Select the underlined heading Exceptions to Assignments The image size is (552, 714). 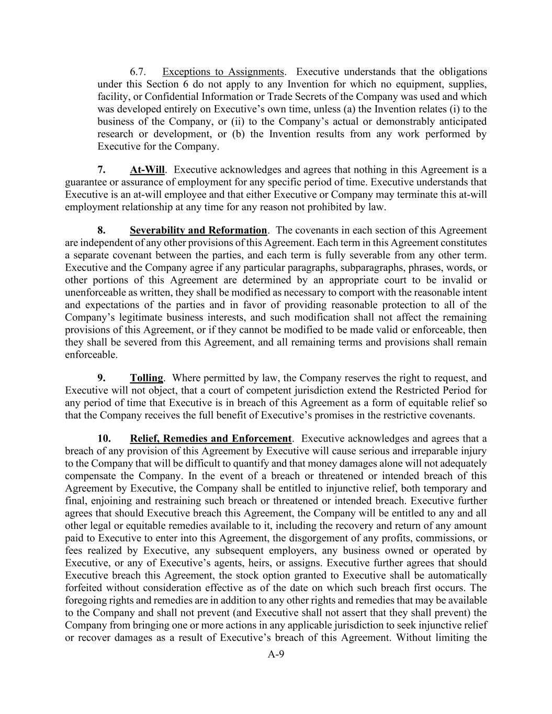(x=223, y=72)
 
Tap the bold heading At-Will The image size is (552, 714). (x=147, y=170)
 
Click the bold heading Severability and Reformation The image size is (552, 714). (x=198, y=231)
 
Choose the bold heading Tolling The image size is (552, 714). (x=147, y=378)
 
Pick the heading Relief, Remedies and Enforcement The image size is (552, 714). (x=210, y=439)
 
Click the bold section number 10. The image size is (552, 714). (x=104, y=439)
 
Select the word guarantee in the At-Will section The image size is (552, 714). (x=86, y=183)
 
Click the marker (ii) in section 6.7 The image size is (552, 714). (x=239, y=122)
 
